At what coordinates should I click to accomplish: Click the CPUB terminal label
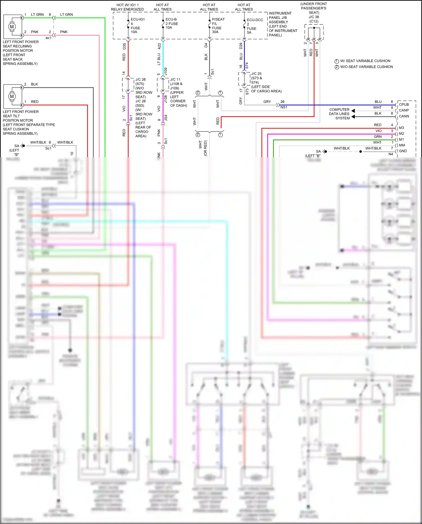[x=404, y=104]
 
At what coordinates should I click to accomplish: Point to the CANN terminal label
[x=404, y=116]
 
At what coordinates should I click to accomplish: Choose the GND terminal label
[x=403, y=151]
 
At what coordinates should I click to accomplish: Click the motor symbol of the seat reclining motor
[x=12, y=27]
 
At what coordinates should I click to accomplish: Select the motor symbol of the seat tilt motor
[x=12, y=96]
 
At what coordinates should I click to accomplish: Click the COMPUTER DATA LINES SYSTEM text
[x=339, y=114]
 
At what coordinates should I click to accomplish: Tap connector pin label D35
[x=124, y=46]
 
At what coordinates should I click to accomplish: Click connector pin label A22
[x=159, y=46]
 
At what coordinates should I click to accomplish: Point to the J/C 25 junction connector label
[x=256, y=74]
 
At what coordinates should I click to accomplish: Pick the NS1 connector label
[x=284, y=107]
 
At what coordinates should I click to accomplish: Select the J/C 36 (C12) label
[x=314, y=19]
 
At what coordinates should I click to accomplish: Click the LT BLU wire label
[x=159, y=59]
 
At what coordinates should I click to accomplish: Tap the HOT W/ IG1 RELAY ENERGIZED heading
[x=127, y=7]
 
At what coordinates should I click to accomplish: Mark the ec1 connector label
[x=48, y=38]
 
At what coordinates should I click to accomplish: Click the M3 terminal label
[x=401, y=128]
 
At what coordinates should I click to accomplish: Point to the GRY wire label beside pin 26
[x=267, y=102]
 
